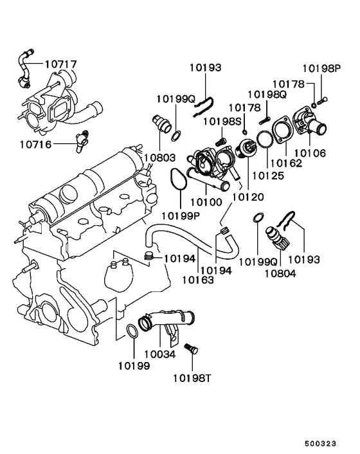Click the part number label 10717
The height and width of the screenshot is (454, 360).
[60, 64]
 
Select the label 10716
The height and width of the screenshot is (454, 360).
[35, 144]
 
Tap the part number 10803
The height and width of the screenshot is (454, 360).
[159, 158]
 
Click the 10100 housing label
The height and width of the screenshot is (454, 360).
[206, 202]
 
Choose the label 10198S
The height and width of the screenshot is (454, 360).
[222, 122]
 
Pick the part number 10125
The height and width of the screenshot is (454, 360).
[268, 176]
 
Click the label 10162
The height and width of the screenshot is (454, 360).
[287, 163]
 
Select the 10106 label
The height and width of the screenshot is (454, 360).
[310, 153]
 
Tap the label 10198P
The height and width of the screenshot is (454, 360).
[322, 68]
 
